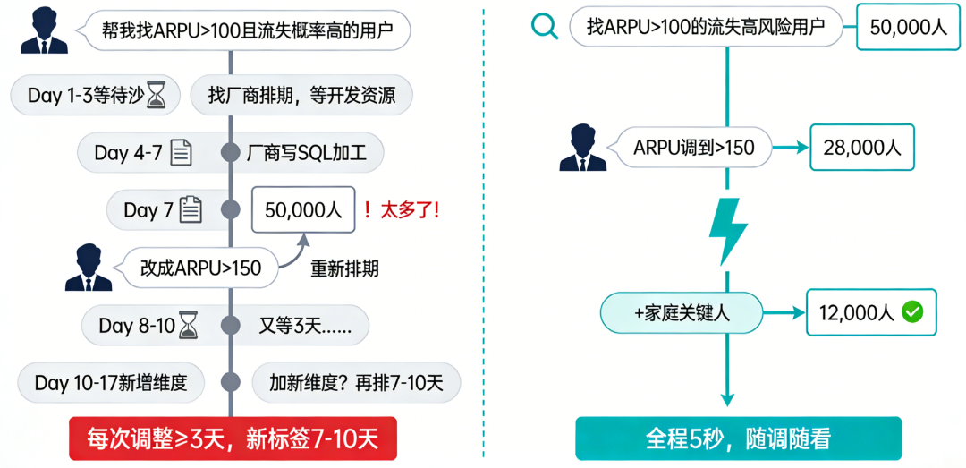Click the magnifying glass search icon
(545, 28)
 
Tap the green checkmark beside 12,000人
(912, 312)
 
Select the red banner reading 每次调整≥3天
(233, 439)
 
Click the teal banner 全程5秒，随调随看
(738, 438)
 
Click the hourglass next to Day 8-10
(186, 325)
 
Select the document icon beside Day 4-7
(181, 152)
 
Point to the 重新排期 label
(345, 268)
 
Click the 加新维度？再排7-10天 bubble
(357, 382)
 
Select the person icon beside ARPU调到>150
(583, 147)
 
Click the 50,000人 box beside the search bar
(909, 27)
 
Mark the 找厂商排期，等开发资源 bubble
(301, 96)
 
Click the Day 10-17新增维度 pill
(111, 382)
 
